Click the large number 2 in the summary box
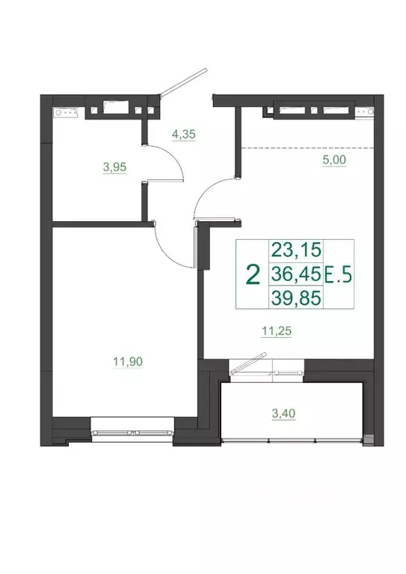253,274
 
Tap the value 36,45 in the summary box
295,275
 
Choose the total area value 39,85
295,298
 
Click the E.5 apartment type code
341,276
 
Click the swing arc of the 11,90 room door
164,247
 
